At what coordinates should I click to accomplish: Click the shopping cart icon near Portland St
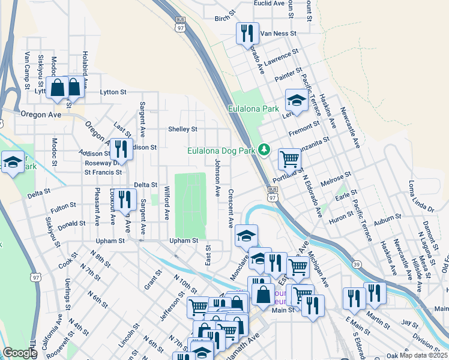pos(289,159)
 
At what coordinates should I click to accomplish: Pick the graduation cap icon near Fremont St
pos(296,99)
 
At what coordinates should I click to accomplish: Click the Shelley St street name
pos(182,129)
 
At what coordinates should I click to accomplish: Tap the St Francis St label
pos(103,172)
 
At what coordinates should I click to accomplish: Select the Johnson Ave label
pos(217,178)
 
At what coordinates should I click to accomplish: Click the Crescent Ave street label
pos(231,209)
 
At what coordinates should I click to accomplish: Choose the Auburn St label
pos(387,223)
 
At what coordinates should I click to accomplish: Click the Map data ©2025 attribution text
pos(424,355)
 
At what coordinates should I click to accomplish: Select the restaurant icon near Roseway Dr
pos(122,150)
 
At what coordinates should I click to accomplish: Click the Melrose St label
pos(336,179)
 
